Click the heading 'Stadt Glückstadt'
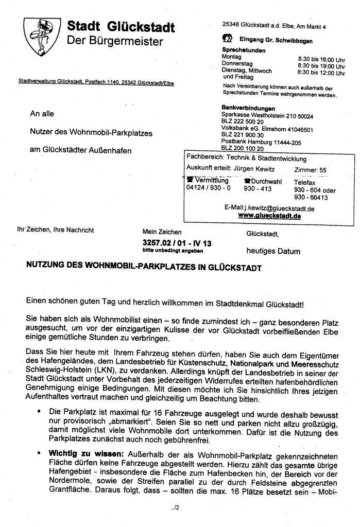point(121,27)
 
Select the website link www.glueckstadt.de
point(269,216)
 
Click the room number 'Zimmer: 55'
point(310,169)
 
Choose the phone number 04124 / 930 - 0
point(208,188)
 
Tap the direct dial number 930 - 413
point(258,189)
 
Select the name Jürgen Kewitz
point(253,169)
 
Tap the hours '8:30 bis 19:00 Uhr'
point(321,66)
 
